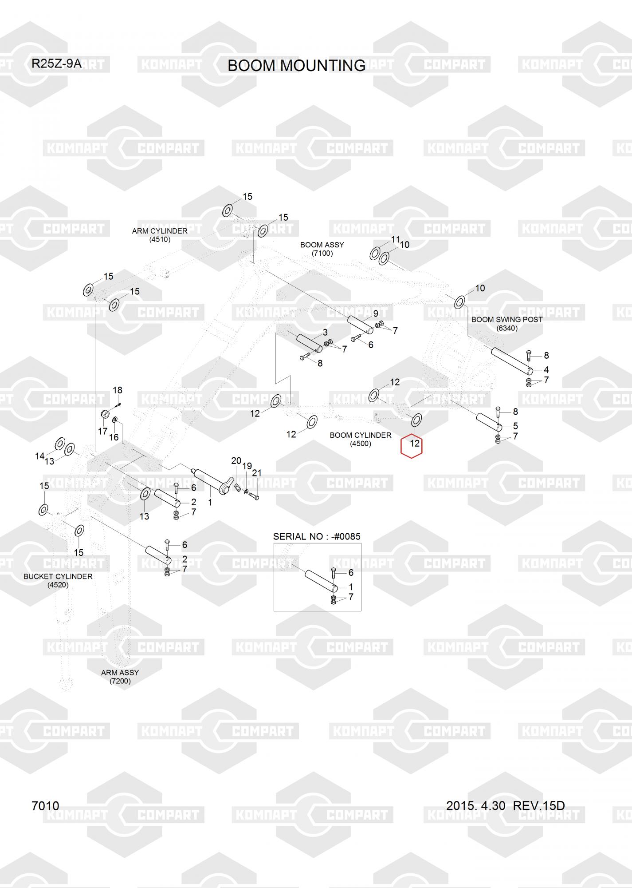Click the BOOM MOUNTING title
296,66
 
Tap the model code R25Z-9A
56,63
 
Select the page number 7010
45,805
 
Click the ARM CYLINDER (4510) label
160,235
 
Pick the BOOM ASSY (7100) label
322,249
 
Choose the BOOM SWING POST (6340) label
507,324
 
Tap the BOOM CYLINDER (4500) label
361,439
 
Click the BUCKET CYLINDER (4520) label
58,580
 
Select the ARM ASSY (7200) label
120,677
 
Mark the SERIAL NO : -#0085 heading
317,536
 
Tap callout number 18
117,390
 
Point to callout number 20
236,461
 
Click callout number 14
39,456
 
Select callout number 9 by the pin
375,313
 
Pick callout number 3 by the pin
325,332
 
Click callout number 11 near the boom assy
395,240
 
